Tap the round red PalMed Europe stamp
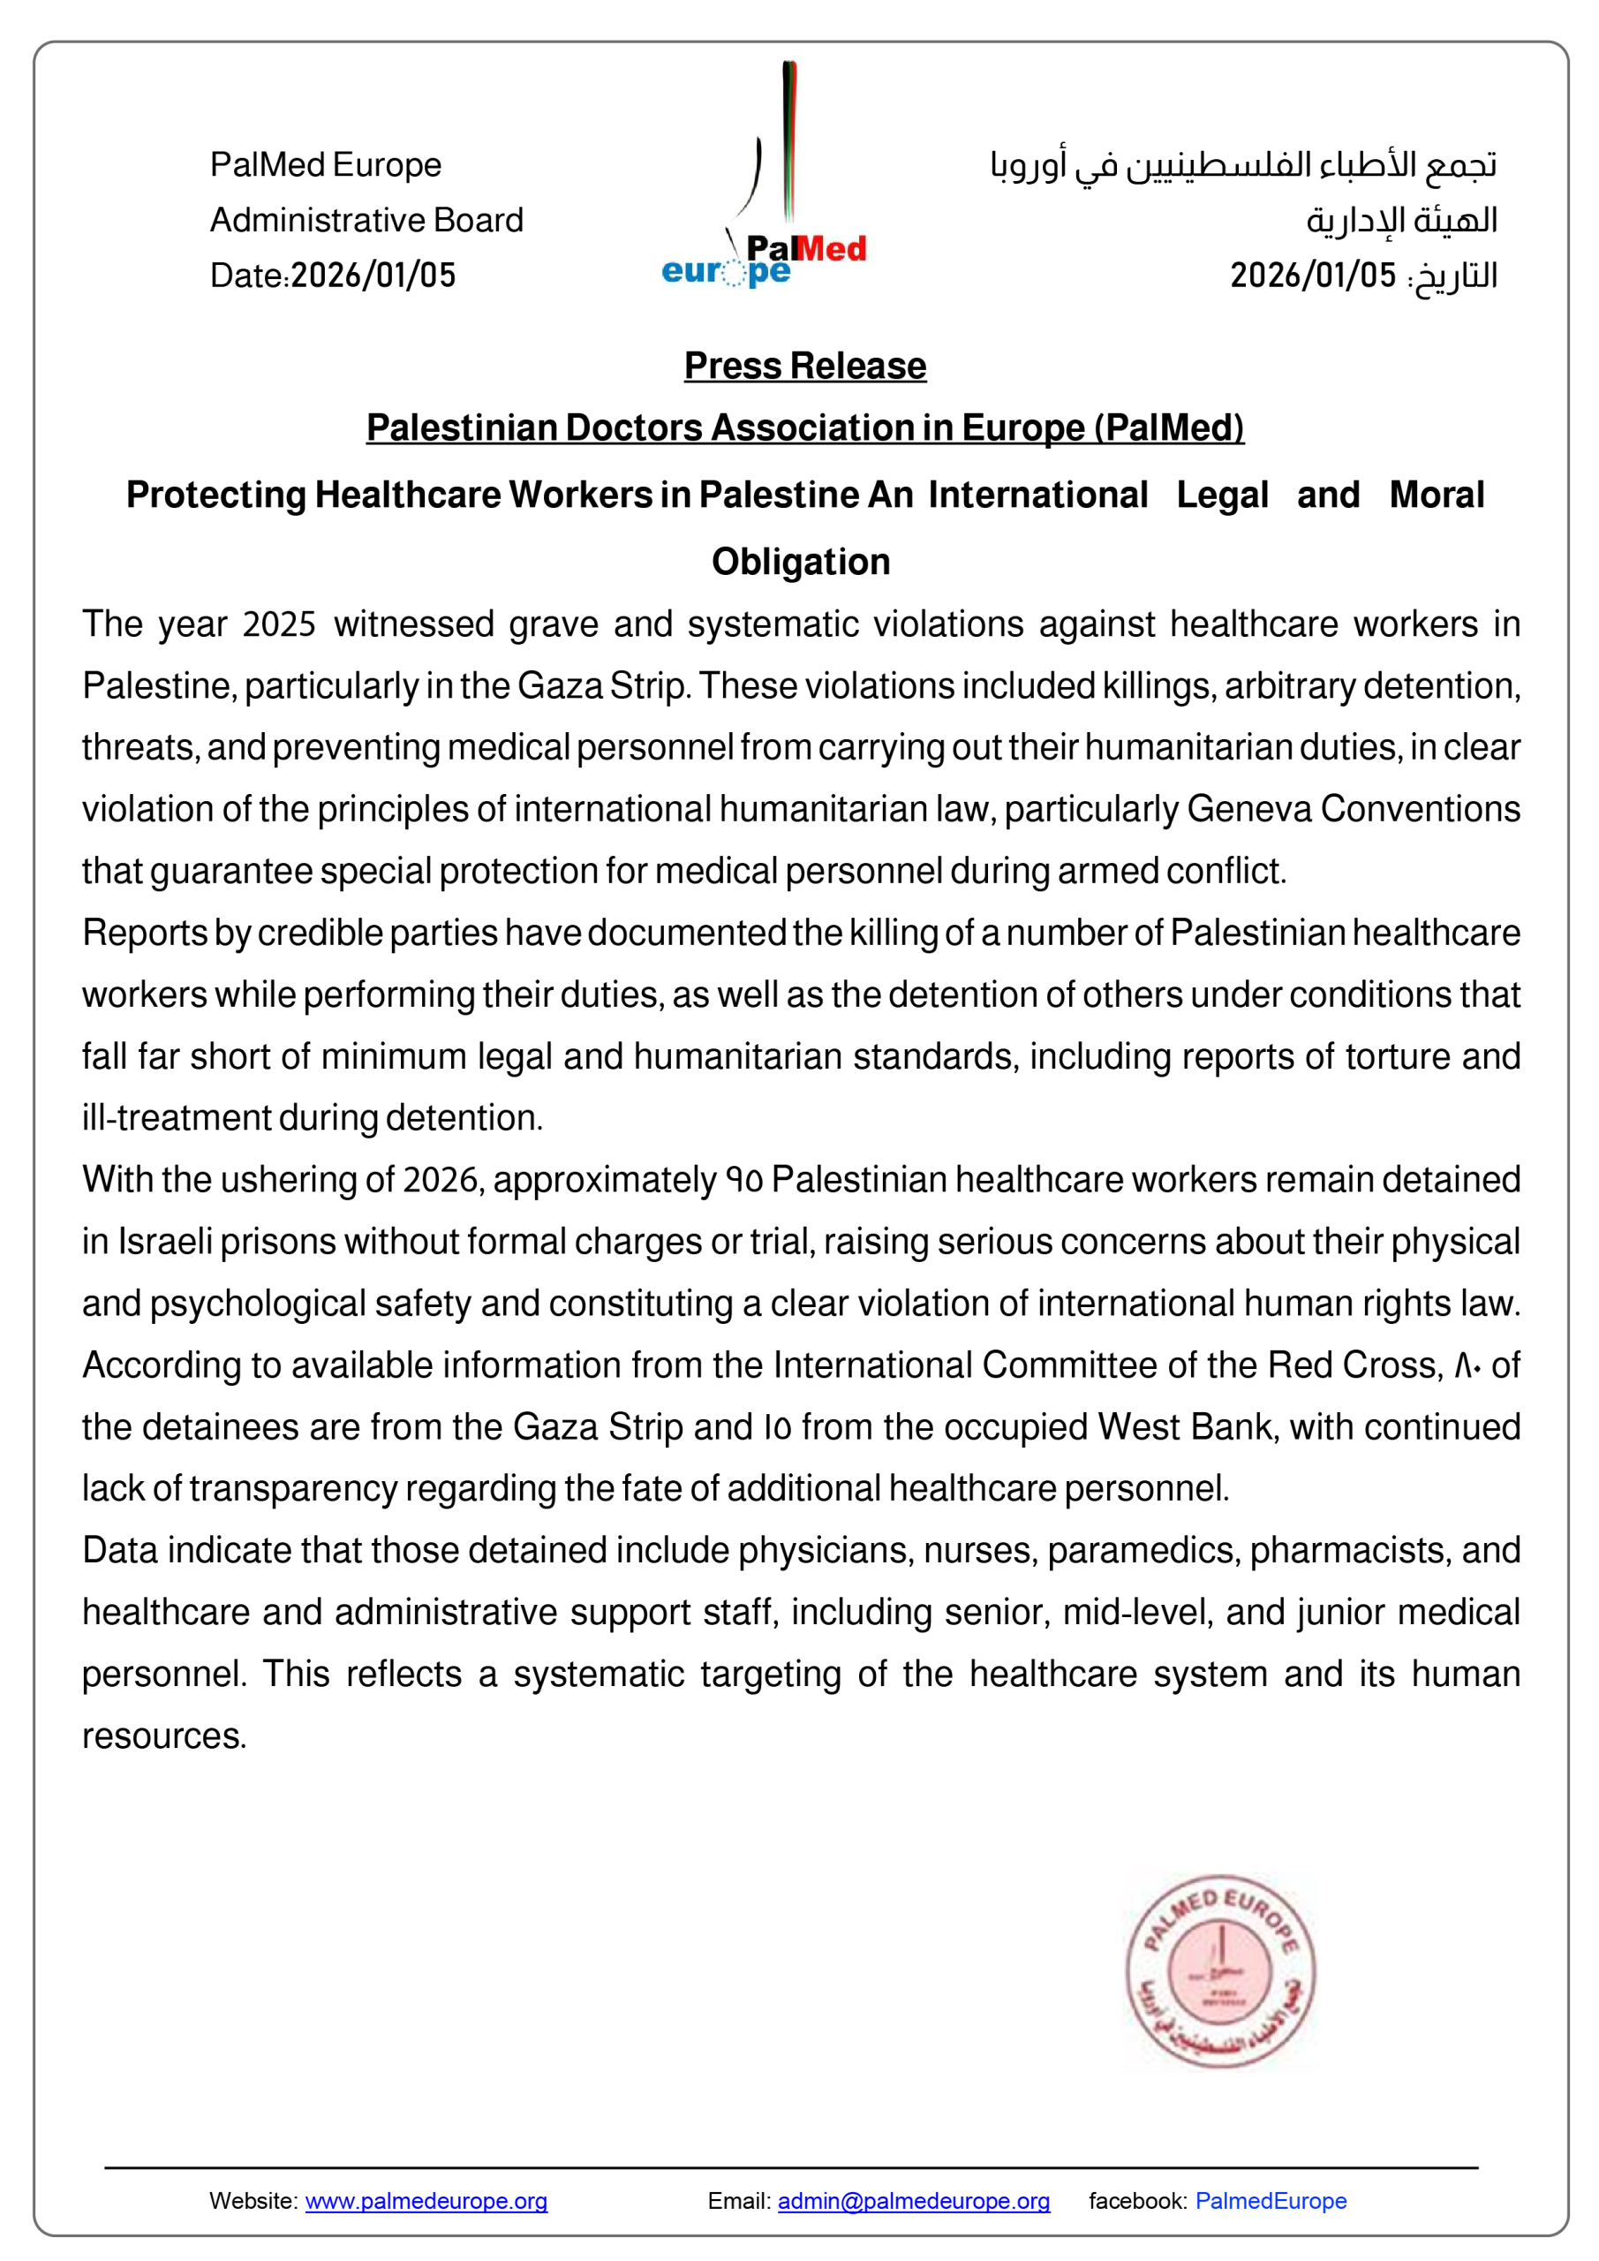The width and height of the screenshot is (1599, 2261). (1220, 1970)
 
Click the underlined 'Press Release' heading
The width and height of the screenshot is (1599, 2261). (804, 367)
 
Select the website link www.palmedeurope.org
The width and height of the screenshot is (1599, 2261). (426, 2201)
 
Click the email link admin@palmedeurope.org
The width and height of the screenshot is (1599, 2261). (913, 2201)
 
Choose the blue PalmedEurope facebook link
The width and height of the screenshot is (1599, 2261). (1271, 2201)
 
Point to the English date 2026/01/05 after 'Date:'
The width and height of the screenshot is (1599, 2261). (373, 276)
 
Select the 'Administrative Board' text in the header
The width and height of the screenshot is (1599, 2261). (366, 221)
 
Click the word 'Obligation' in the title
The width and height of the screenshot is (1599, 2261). (801, 563)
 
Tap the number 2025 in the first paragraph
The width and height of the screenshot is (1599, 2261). (279, 625)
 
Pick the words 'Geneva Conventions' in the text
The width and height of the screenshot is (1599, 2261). (1353, 810)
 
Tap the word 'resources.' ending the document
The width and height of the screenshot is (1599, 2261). (163, 1736)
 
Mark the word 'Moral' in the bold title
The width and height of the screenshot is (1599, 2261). (1436, 495)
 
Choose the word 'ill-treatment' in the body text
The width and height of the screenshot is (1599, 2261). (177, 1119)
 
